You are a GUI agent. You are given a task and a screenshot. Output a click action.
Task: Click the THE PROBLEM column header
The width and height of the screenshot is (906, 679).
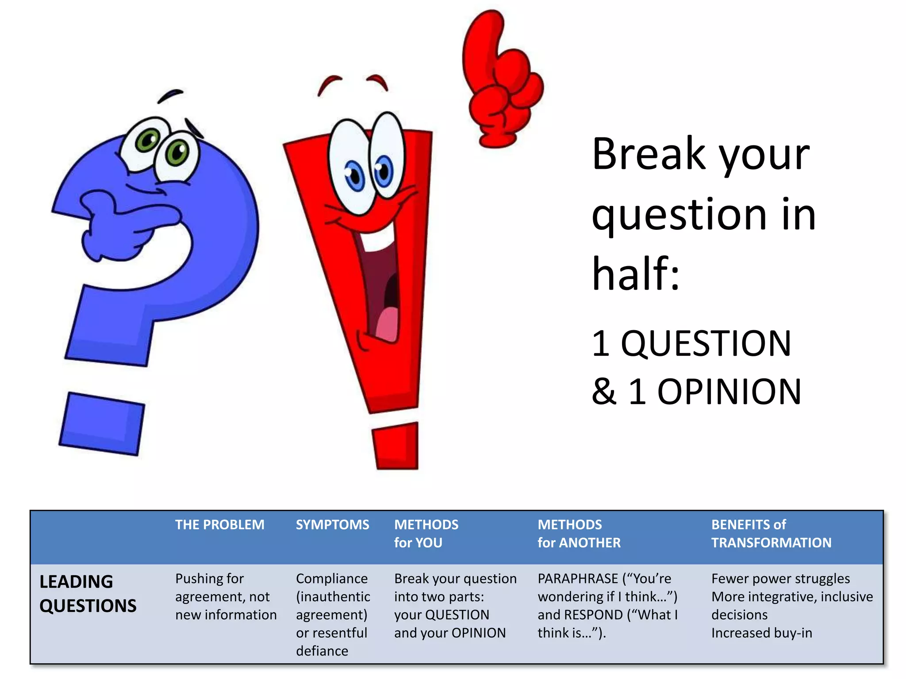pyautogui.click(x=219, y=525)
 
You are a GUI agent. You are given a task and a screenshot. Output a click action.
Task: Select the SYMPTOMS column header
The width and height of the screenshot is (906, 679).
pyautogui.click(x=332, y=525)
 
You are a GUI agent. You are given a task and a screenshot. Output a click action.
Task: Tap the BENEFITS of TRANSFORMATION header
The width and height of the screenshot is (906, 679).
pyautogui.click(x=771, y=534)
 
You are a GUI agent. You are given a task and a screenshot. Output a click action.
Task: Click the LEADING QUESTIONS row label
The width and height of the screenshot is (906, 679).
pyautogui.click(x=88, y=593)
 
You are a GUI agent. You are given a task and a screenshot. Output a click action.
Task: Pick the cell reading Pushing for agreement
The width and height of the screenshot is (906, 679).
pyautogui.click(x=226, y=596)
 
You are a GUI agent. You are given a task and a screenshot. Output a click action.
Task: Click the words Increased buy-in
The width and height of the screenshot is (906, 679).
pyautogui.click(x=761, y=633)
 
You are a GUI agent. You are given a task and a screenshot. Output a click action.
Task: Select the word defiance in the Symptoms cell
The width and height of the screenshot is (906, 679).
pyautogui.click(x=322, y=651)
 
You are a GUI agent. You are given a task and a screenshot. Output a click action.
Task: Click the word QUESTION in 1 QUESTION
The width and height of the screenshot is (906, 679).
pyautogui.click(x=706, y=343)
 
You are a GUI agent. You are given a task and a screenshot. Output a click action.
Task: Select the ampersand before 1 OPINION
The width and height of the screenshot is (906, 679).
pyautogui.click(x=604, y=392)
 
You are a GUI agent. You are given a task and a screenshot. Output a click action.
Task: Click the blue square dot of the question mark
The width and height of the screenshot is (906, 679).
pyautogui.click(x=102, y=423)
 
